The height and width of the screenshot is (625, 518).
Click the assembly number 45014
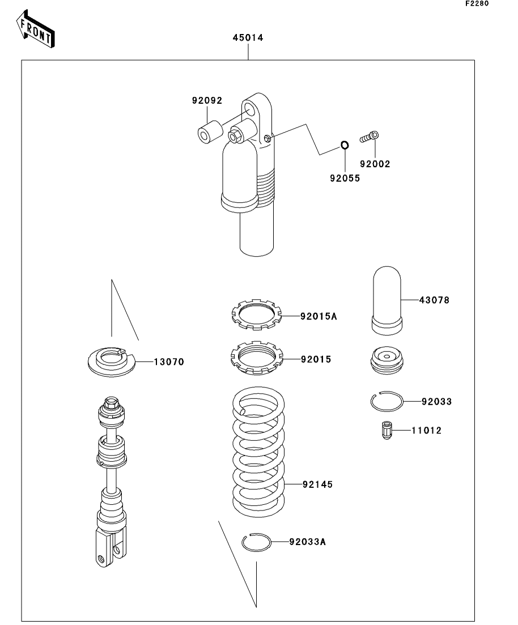pos(248,38)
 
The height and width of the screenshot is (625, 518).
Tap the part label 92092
pos(207,101)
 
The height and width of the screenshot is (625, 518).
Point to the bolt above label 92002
pos(369,137)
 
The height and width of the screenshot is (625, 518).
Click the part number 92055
pos(343,177)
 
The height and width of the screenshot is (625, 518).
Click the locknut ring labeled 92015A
pos(257,315)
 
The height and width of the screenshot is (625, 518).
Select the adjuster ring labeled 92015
pos(257,359)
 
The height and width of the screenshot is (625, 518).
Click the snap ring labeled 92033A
pos(257,542)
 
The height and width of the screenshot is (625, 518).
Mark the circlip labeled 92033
pos(387,402)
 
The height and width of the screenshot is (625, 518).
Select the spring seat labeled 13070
pos(112,361)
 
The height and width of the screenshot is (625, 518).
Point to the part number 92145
pos(317,484)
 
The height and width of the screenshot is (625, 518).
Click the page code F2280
pos(476,4)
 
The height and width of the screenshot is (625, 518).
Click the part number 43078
pos(434,300)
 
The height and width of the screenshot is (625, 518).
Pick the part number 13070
pos(169,361)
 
